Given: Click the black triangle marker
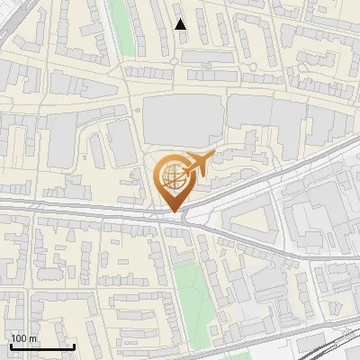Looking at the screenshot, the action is (181, 24).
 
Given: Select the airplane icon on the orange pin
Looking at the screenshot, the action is (195, 164).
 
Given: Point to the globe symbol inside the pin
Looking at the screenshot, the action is (171, 175).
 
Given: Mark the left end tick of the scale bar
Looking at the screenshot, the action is (10, 346).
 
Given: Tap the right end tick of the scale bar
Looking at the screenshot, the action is (74, 346).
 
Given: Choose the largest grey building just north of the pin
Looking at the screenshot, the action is (183, 119).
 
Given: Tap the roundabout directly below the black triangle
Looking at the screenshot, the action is (174, 61).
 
